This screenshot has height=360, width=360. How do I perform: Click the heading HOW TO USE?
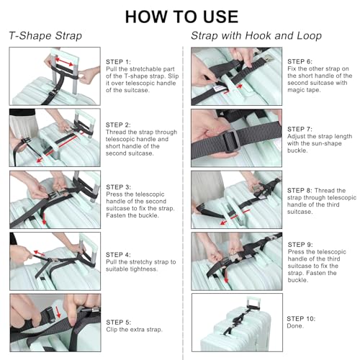[x=181, y=17]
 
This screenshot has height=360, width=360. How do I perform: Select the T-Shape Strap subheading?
[x=45, y=36]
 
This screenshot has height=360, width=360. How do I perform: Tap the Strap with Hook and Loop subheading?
[x=256, y=36]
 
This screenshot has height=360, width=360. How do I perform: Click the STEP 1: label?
[x=118, y=62]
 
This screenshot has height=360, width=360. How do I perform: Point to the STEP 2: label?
[x=118, y=125]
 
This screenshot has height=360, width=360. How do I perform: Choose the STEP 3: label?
[x=118, y=187]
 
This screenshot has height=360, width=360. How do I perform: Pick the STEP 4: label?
[x=118, y=255]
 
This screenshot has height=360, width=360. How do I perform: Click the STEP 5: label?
[x=119, y=323]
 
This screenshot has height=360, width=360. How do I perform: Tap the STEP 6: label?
[x=300, y=62]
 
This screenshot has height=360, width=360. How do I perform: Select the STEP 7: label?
[x=300, y=130]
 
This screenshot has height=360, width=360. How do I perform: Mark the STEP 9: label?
[x=300, y=245]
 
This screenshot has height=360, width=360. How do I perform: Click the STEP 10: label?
[x=301, y=319]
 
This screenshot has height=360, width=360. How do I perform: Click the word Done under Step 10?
[x=295, y=326]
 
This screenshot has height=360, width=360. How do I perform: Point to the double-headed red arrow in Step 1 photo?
[x=64, y=61]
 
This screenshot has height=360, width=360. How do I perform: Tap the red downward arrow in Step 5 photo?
[x=58, y=312]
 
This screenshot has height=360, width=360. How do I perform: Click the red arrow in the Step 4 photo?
[x=39, y=253]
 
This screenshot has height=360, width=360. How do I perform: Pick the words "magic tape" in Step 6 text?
[x=304, y=90]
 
